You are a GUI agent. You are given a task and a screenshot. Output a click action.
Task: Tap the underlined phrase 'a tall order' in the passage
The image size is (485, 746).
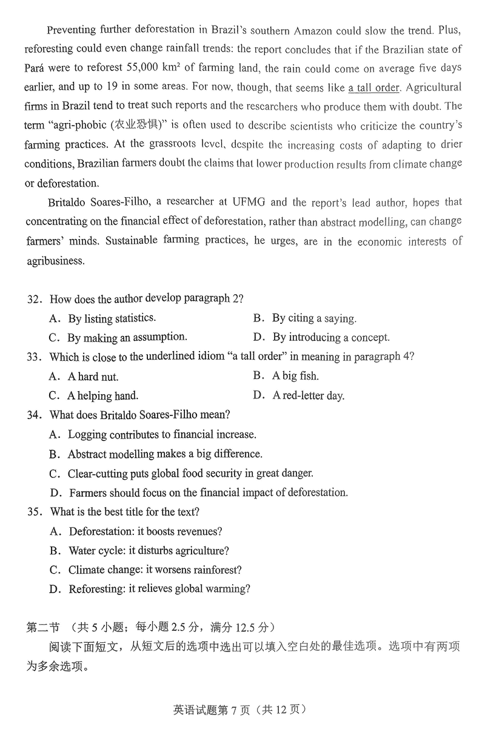coord(374,87)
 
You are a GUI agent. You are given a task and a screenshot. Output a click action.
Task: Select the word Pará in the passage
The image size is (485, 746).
coord(36,68)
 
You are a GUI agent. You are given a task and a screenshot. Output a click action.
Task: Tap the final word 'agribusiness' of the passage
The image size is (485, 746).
coord(53,261)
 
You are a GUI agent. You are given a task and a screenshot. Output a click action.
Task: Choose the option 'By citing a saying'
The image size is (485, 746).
coord(313,318)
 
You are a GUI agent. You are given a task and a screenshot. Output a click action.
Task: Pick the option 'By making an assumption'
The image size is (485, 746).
coord(127,338)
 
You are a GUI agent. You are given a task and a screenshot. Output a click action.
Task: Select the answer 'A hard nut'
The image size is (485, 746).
coord(93,377)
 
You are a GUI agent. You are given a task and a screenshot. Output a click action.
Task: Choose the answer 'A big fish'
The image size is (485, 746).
coord(295,376)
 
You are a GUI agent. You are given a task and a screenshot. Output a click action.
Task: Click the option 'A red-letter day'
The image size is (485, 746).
coord(308,396)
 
